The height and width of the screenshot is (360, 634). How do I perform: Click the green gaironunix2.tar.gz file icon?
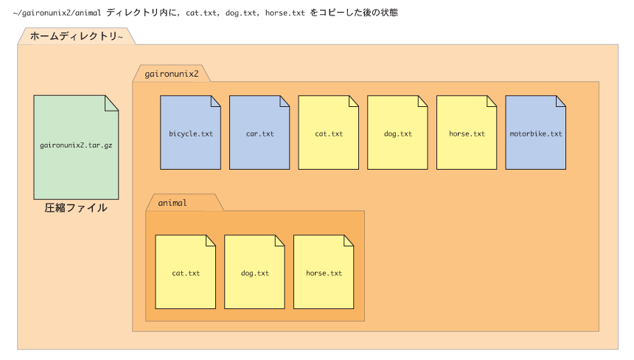coord(76,148)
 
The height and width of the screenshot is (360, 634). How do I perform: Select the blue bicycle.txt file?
coord(190,132)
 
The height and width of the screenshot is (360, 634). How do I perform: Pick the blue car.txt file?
coord(259,132)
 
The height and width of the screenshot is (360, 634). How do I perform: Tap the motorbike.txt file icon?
coord(536,132)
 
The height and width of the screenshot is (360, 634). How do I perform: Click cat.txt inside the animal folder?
coord(186,271)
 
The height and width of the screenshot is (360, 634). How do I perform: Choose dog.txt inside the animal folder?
coord(255,271)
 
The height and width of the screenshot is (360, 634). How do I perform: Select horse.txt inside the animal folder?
coord(324,271)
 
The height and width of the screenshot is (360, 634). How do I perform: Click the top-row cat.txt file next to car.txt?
coord(328,132)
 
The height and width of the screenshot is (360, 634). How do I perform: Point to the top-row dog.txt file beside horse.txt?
coord(397,132)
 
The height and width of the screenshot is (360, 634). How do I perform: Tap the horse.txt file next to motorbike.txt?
coord(467,132)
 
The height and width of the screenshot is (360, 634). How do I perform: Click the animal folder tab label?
coord(173,203)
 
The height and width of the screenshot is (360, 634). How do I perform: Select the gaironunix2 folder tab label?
coord(172,74)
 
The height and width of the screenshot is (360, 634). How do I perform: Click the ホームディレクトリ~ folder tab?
coord(77,36)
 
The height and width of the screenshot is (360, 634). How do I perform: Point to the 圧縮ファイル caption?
coord(76,208)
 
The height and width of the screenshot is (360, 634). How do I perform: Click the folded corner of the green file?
coord(111,103)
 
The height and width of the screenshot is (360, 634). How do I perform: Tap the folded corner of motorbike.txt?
coord(561,101)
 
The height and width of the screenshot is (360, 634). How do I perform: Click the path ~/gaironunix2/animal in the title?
coord(57,13)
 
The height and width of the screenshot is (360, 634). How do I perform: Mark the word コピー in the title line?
coord(332,13)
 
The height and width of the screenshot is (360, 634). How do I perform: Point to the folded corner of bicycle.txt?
coord(216,101)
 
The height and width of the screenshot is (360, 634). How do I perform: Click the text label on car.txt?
coord(260,134)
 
